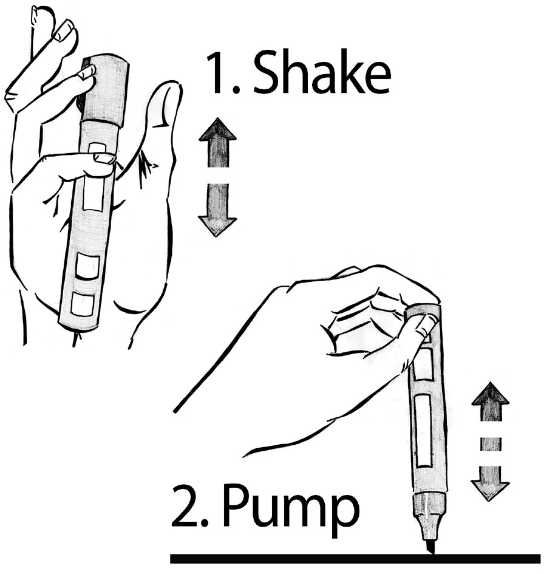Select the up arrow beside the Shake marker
click(218, 142)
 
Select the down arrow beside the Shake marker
click(217, 210)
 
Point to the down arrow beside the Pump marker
click(490, 483)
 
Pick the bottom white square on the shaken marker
click(83, 304)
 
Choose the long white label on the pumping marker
click(424, 430)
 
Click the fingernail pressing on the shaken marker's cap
click(87, 72)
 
